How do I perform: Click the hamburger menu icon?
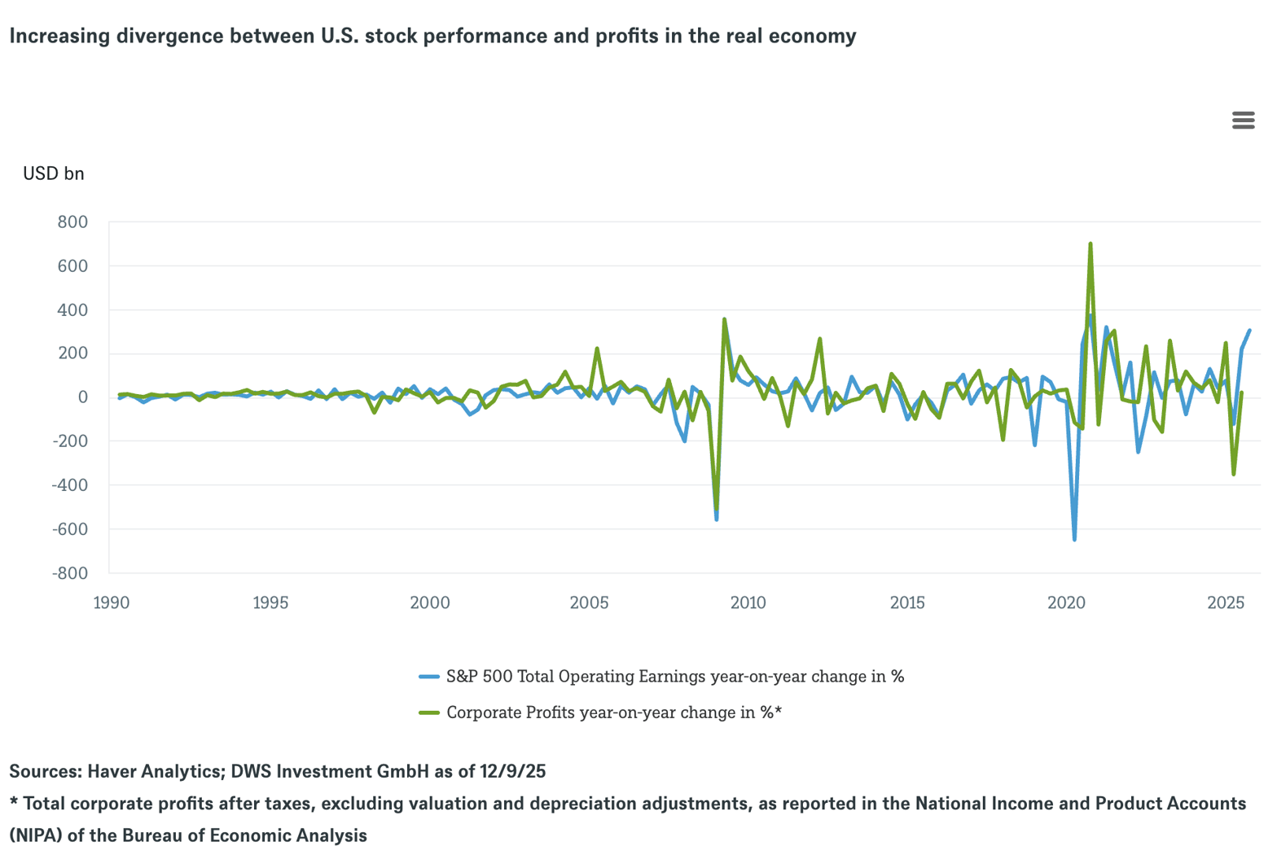point(1243,121)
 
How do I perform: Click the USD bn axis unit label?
point(53,173)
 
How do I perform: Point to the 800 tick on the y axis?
point(72,221)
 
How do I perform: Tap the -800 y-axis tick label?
point(69,573)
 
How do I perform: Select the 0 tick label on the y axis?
point(82,397)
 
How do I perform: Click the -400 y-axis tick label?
point(69,485)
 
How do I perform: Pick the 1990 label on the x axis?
point(112,603)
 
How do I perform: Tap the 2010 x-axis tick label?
point(748,603)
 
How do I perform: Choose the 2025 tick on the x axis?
point(1226,603)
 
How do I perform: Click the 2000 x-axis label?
point(430,603)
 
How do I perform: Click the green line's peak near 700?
point(1090,243)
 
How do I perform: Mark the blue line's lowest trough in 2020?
point(1074,539)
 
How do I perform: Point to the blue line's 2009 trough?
point(717,519)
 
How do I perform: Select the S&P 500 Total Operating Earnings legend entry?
point(674,677)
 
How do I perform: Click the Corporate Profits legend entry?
point(613,712)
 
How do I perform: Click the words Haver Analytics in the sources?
point(154,771)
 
